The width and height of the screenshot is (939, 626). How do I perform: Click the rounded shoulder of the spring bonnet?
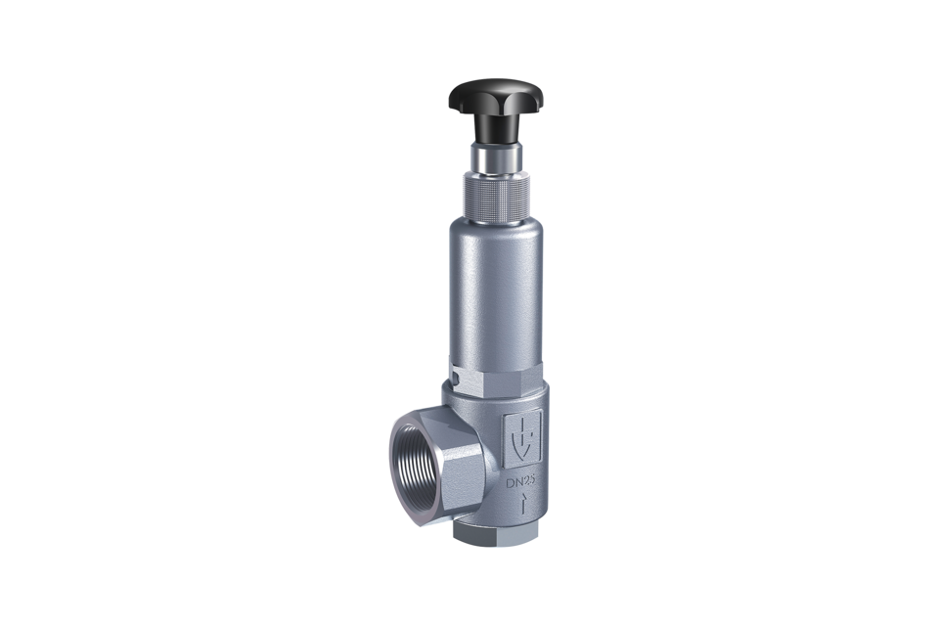(x=497, y=228)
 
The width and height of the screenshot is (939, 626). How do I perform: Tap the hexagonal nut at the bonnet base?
(x=498, y=380)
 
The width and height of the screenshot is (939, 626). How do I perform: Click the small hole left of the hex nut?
(x=457, y=379)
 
